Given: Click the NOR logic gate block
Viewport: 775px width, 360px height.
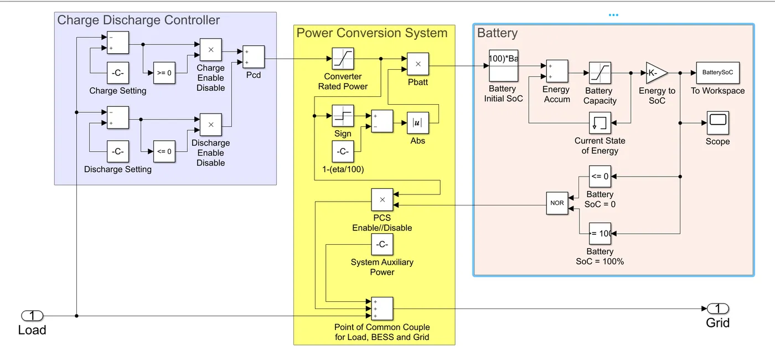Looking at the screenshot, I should pos(557,203).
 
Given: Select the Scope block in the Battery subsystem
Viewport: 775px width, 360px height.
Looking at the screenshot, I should pos(717,122).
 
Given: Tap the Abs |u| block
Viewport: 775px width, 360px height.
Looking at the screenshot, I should pos(417,122).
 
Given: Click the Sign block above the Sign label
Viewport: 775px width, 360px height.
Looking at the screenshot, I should pos(343,116).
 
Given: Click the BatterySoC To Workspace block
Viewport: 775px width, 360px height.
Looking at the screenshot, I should pos(717,73).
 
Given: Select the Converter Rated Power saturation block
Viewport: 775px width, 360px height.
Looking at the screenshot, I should pos(343,59).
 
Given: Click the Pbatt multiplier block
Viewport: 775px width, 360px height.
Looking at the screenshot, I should pos(418,64).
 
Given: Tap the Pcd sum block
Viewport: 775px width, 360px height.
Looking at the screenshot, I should pos(254,57).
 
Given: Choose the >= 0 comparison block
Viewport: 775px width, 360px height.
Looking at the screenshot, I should pos(164,73).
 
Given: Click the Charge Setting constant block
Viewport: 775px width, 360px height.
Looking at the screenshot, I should pos(117,73).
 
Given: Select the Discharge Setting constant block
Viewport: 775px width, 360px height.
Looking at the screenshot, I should pos(117,151).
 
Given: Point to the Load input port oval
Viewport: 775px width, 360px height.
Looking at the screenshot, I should pos(32,316).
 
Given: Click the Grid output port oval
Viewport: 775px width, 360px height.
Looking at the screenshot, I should pos(718,308).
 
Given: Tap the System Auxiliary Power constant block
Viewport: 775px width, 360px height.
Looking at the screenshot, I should pos(382,244).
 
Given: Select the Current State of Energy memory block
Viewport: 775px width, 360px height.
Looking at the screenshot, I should pos(600,122).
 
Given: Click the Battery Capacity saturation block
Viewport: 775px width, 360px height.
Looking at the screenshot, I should pos(600,73).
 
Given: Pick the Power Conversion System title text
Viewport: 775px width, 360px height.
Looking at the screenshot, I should pos(371,33).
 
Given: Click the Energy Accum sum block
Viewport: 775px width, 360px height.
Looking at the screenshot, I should pos(557,71).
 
